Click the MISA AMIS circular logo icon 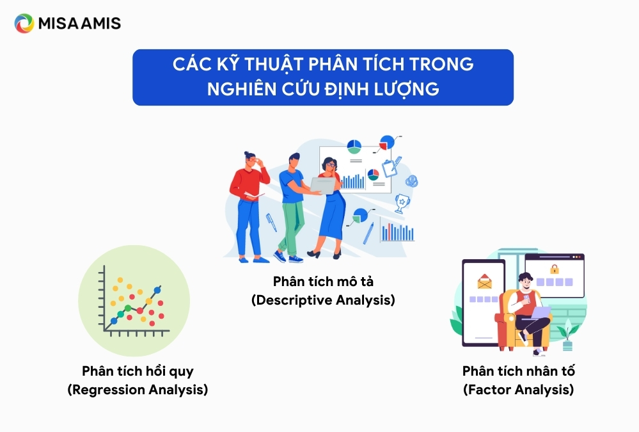pyautogui.click(x=24, y=23)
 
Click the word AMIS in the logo pyautogui.click(x=100, y=23)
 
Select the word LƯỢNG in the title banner pyautogui.click(x=407, y=89)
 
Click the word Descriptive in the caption pyautogui.click(x=294, y=300)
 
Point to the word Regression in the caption pyautogui.click(x=108, y=390)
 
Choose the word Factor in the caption pyautogui.click(x=489, y=390)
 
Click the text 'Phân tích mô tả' pyautogui.click(x=323, y=282)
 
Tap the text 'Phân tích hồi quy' pyautogui.click(x=138, y=371)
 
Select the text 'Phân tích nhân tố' pyautogui.click(x=518, y=371)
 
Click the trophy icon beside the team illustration pyautogui.click(x=402, y=203)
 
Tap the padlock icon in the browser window pyautogui.click(x=554, y=269)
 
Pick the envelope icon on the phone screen pyautogui.click(x=485, y=281)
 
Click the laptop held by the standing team pyautogui.click(x=322, y=185)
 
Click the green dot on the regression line pyautogui.click(x=127, y=308)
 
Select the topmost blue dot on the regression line pyautogui.click(x=157, y=290)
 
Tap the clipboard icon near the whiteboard pyautogui.click(x=391, y=167)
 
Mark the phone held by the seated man pyautogui.click(x=526, y=300)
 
